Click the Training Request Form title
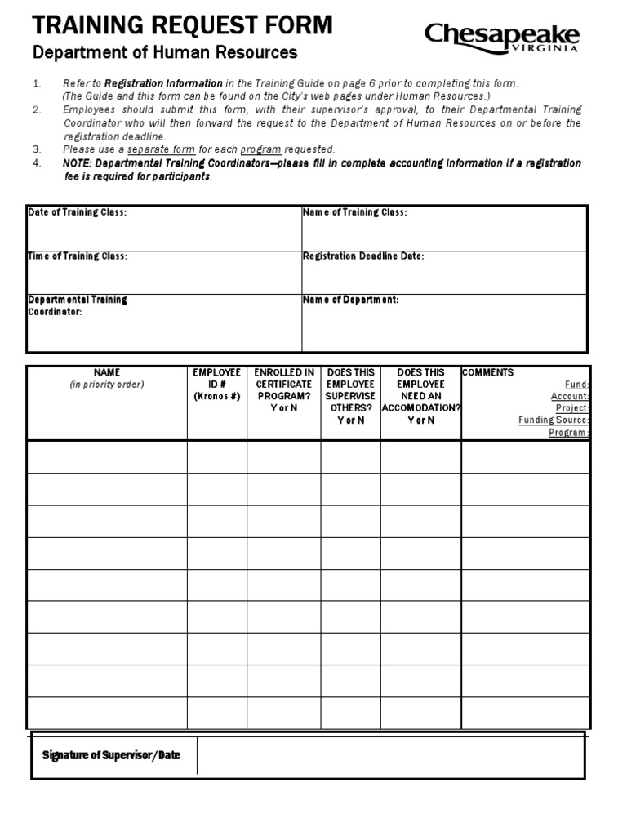pos(182,26)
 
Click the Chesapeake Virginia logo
pos(501,37)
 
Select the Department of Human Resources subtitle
pos(164,53)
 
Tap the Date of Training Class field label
pos(78,212)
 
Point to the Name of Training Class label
pos(354,212)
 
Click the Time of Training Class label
pos(78,256)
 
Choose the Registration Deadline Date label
pos(363,256)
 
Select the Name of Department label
pos(350,300)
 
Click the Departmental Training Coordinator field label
pos(78,305)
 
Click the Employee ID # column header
pos(216,384)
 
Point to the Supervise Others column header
pos(350,396)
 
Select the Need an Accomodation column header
pos(420,396)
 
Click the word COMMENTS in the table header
pos(487,372)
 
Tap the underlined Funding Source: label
pos(554,420)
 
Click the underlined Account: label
pos(570,396)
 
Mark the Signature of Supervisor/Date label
pos(111,756)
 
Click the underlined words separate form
pos(162,149)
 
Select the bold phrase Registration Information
pos(162,83)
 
